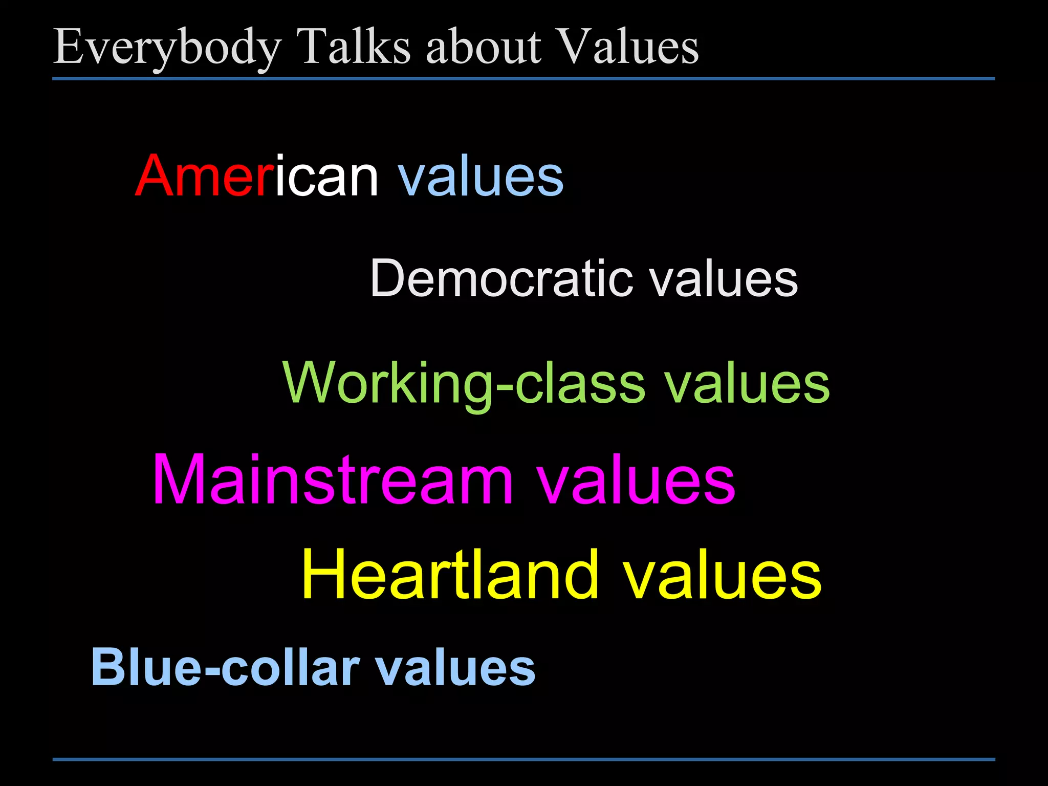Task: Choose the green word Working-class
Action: (464, 383)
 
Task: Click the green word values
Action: (747, 383)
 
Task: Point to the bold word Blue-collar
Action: (225, 667)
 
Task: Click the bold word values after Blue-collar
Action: (455, 667)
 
